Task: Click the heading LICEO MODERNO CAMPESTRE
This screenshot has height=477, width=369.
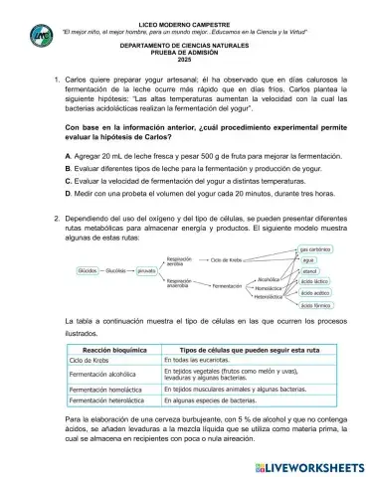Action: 185,19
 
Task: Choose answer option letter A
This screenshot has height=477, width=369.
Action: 68,157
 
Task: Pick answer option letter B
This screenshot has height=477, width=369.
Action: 68,170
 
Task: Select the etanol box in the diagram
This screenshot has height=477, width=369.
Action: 309,269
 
